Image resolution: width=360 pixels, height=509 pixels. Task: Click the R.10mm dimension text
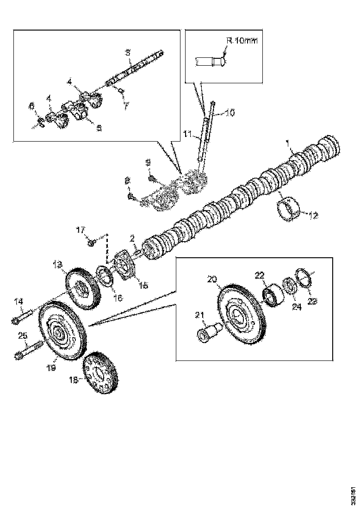pyautogui.click(x=241, y=41)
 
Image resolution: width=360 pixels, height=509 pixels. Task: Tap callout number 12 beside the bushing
pyautogui.click(x=314, y=215)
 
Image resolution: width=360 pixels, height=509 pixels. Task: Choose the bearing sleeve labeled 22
pyautogui.click(x=273, y=297)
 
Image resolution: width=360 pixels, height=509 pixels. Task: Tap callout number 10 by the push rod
pyautogui.click(x=230, y=112)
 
